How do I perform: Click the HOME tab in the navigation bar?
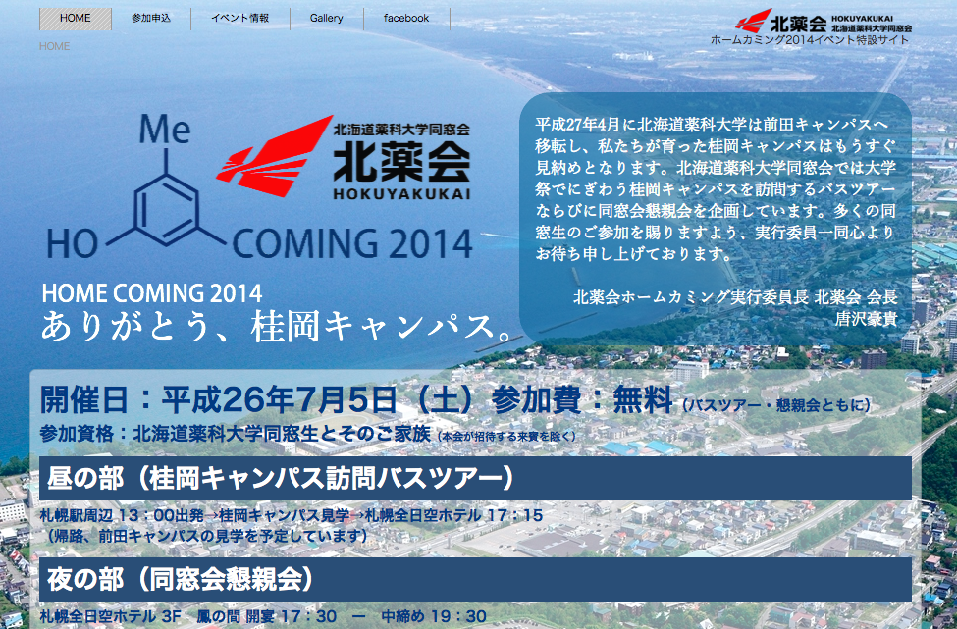(75, 19)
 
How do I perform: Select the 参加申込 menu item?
(151, 19)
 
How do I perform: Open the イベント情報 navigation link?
(239, 19)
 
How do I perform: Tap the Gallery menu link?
(326, 19)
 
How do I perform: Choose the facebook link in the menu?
(406, 19)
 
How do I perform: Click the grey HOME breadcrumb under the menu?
(54, 46)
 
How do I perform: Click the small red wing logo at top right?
(753, 21)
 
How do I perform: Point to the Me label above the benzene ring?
(165, 129)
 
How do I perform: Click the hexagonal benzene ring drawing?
(167, 209)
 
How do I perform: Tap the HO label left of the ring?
(72, 244)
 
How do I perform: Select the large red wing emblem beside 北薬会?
(274, 156)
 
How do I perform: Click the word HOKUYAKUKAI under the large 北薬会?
(401, 194)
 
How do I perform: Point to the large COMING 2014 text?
(352, 243)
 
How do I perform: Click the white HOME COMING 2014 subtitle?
(152, 293)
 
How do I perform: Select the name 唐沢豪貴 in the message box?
(866, 319)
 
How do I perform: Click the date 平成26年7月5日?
(279, 400)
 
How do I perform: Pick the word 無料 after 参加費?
(642, 400)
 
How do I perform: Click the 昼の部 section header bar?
(475, 478)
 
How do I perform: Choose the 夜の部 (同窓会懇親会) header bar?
(475, 579)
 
